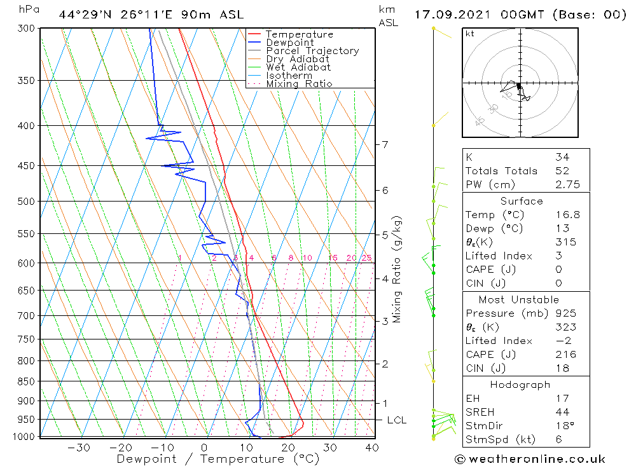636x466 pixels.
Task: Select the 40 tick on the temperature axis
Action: point(371,448)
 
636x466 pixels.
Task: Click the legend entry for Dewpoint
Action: point(289,43)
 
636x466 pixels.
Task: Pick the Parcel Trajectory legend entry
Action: point(312,51)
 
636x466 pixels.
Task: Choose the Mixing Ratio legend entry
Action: point(299,84)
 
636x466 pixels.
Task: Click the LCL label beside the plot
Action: point(396,420)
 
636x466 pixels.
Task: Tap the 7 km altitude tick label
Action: point(385,144)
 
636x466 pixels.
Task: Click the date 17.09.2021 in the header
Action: point(453,15)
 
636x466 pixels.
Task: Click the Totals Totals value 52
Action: point(562,170)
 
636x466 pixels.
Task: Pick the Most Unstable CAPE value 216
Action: point(565,355)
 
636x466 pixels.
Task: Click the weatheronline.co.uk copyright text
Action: point(530,459)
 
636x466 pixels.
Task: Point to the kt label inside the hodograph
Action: point(470,34)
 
